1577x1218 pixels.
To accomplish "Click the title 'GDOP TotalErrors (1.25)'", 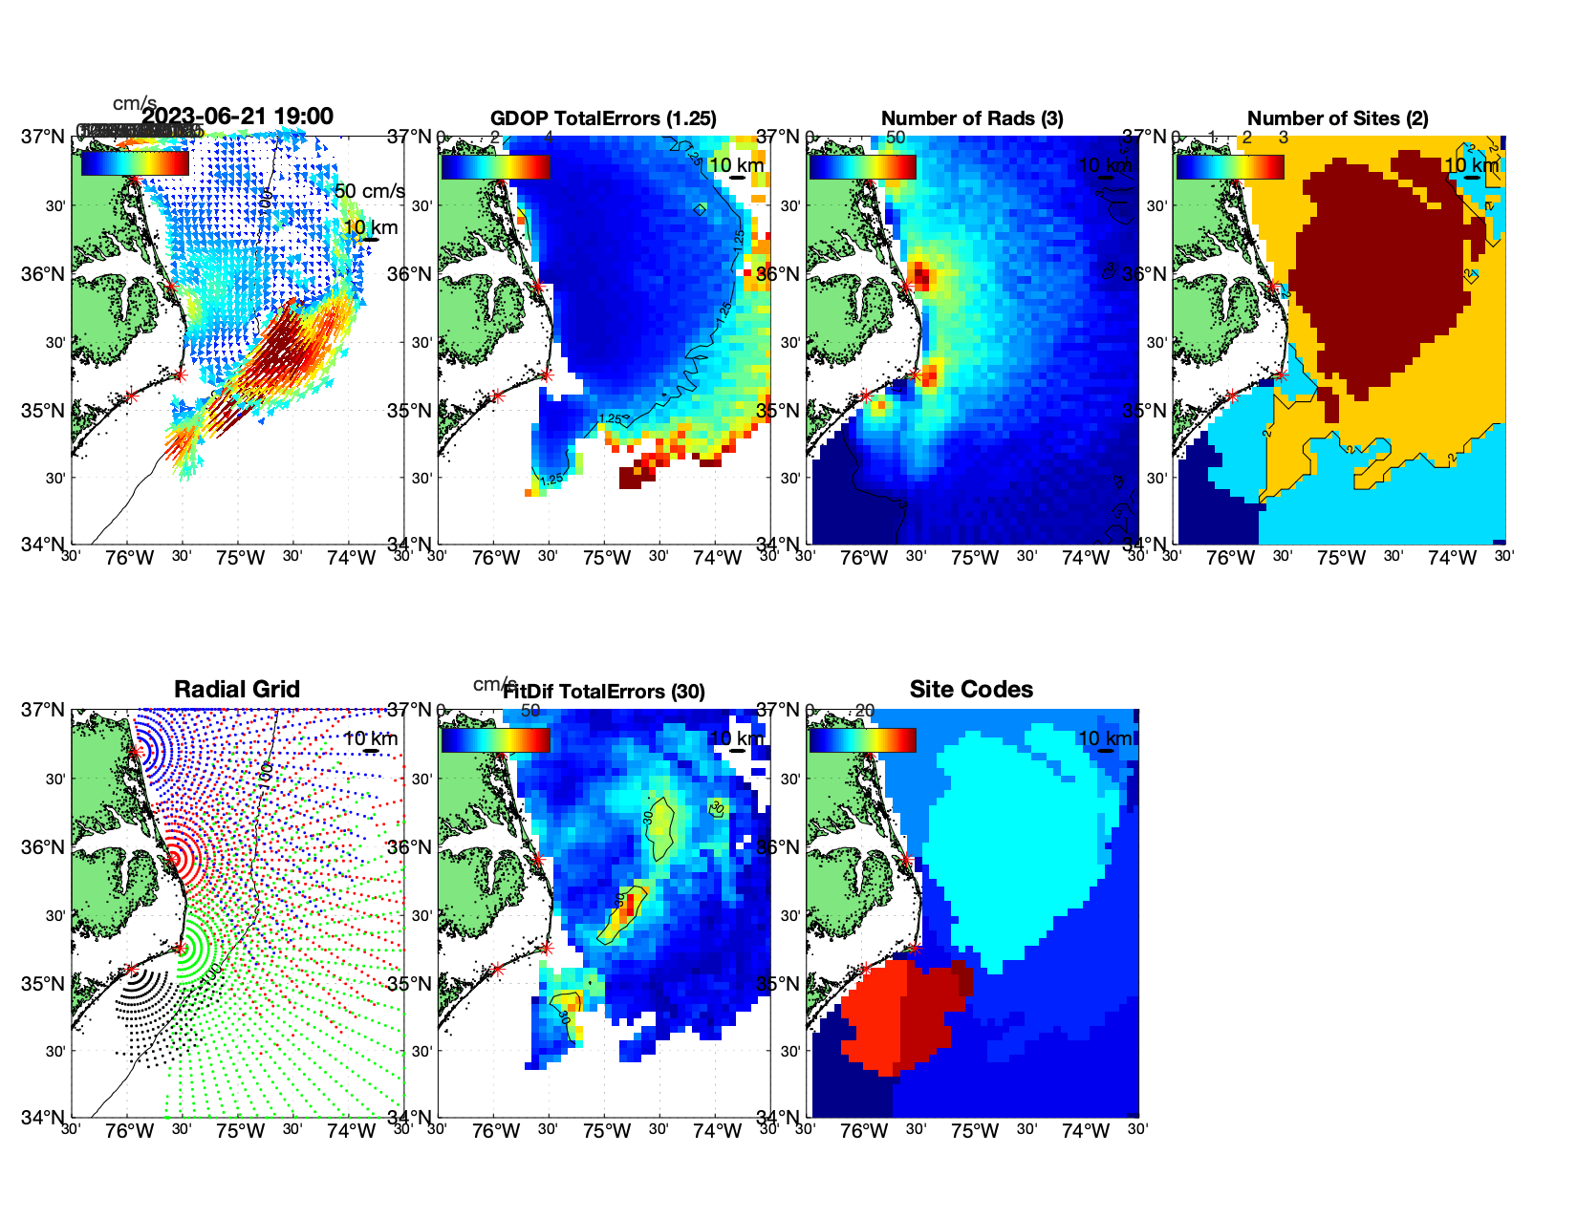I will pyautogui.click(x=603, y=118).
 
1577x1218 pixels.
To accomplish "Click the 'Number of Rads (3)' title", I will pyautogui.click(x=972, y=118).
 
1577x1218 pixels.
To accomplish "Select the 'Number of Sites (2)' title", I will pyautogui.click(x=1338, y=118).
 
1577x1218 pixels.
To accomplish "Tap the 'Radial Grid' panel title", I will pyautogui.click(x=237, y=690).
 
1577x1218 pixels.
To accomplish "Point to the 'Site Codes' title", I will pyautogui.click(x=971, y=690).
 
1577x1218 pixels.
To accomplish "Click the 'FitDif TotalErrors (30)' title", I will pyautogui.click(x=604, y=692).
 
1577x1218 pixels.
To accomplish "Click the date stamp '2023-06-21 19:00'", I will pyautogui.click(x=238, y=117).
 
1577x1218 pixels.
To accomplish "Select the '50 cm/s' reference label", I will pyautogui.click(x=370, y=191).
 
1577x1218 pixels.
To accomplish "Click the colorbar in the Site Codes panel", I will pyautogui.click(x=862, y=739).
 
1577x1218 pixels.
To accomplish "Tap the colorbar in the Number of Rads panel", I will pyautogui.click(x=862, y=166).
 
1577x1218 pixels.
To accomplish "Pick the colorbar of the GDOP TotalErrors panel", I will pyautogui.click(x=495, y=166).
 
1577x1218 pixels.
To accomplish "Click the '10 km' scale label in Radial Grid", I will pyautogui.click(x=370, y=738).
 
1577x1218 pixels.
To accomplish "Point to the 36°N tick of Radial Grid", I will pyautogui.click(x=44, y=847).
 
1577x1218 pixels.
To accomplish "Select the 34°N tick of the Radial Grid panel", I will pyautogui.click(x=44, y=1117).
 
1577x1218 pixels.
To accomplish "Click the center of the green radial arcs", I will pyautogui.click(x=180, y=948).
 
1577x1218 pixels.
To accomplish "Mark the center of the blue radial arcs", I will pyautogui.click(x=136, y=751).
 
